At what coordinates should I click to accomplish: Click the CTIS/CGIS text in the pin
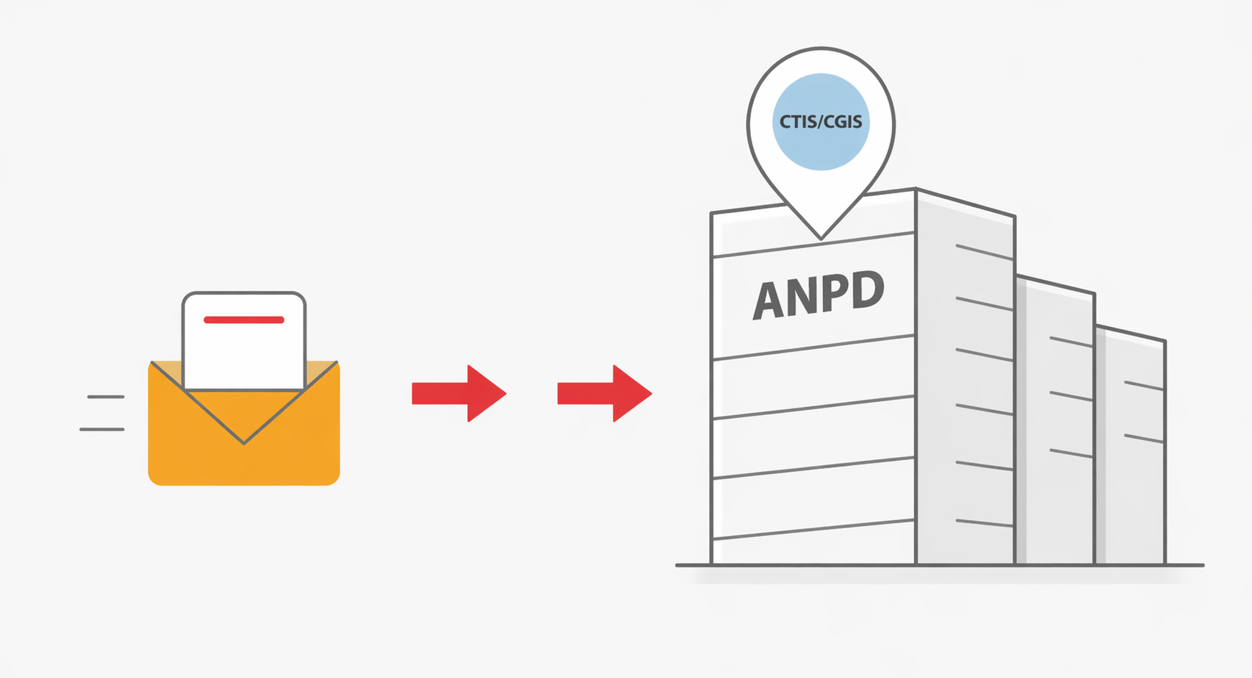821,121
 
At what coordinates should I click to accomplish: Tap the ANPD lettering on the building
818,295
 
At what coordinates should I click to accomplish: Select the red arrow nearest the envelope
458,393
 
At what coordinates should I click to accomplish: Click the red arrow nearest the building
604,393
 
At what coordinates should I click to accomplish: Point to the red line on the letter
244,320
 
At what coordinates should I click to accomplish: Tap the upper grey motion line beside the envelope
106,397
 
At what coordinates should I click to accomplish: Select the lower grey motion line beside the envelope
102,429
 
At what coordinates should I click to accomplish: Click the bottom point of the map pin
821,238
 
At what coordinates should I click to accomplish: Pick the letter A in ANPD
768,300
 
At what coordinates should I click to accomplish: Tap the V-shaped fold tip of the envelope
244,442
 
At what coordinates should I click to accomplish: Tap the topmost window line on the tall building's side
985,251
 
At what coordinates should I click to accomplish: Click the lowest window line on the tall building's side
985,523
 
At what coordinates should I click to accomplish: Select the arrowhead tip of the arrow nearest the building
650,393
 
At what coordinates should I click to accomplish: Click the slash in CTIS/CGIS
819,121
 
